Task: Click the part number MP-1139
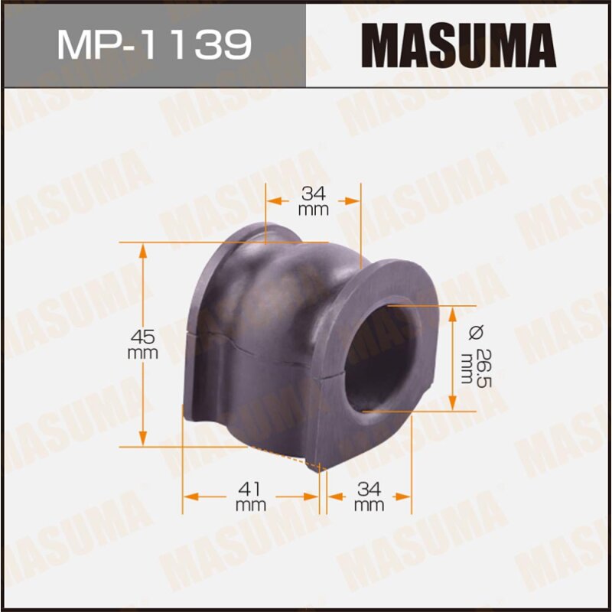pyautogui.click(x=154, y=44)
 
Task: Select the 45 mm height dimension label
pyautogui.click(x=143, y=344)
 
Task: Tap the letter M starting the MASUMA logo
pyautogui.click(x=379, y=44)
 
